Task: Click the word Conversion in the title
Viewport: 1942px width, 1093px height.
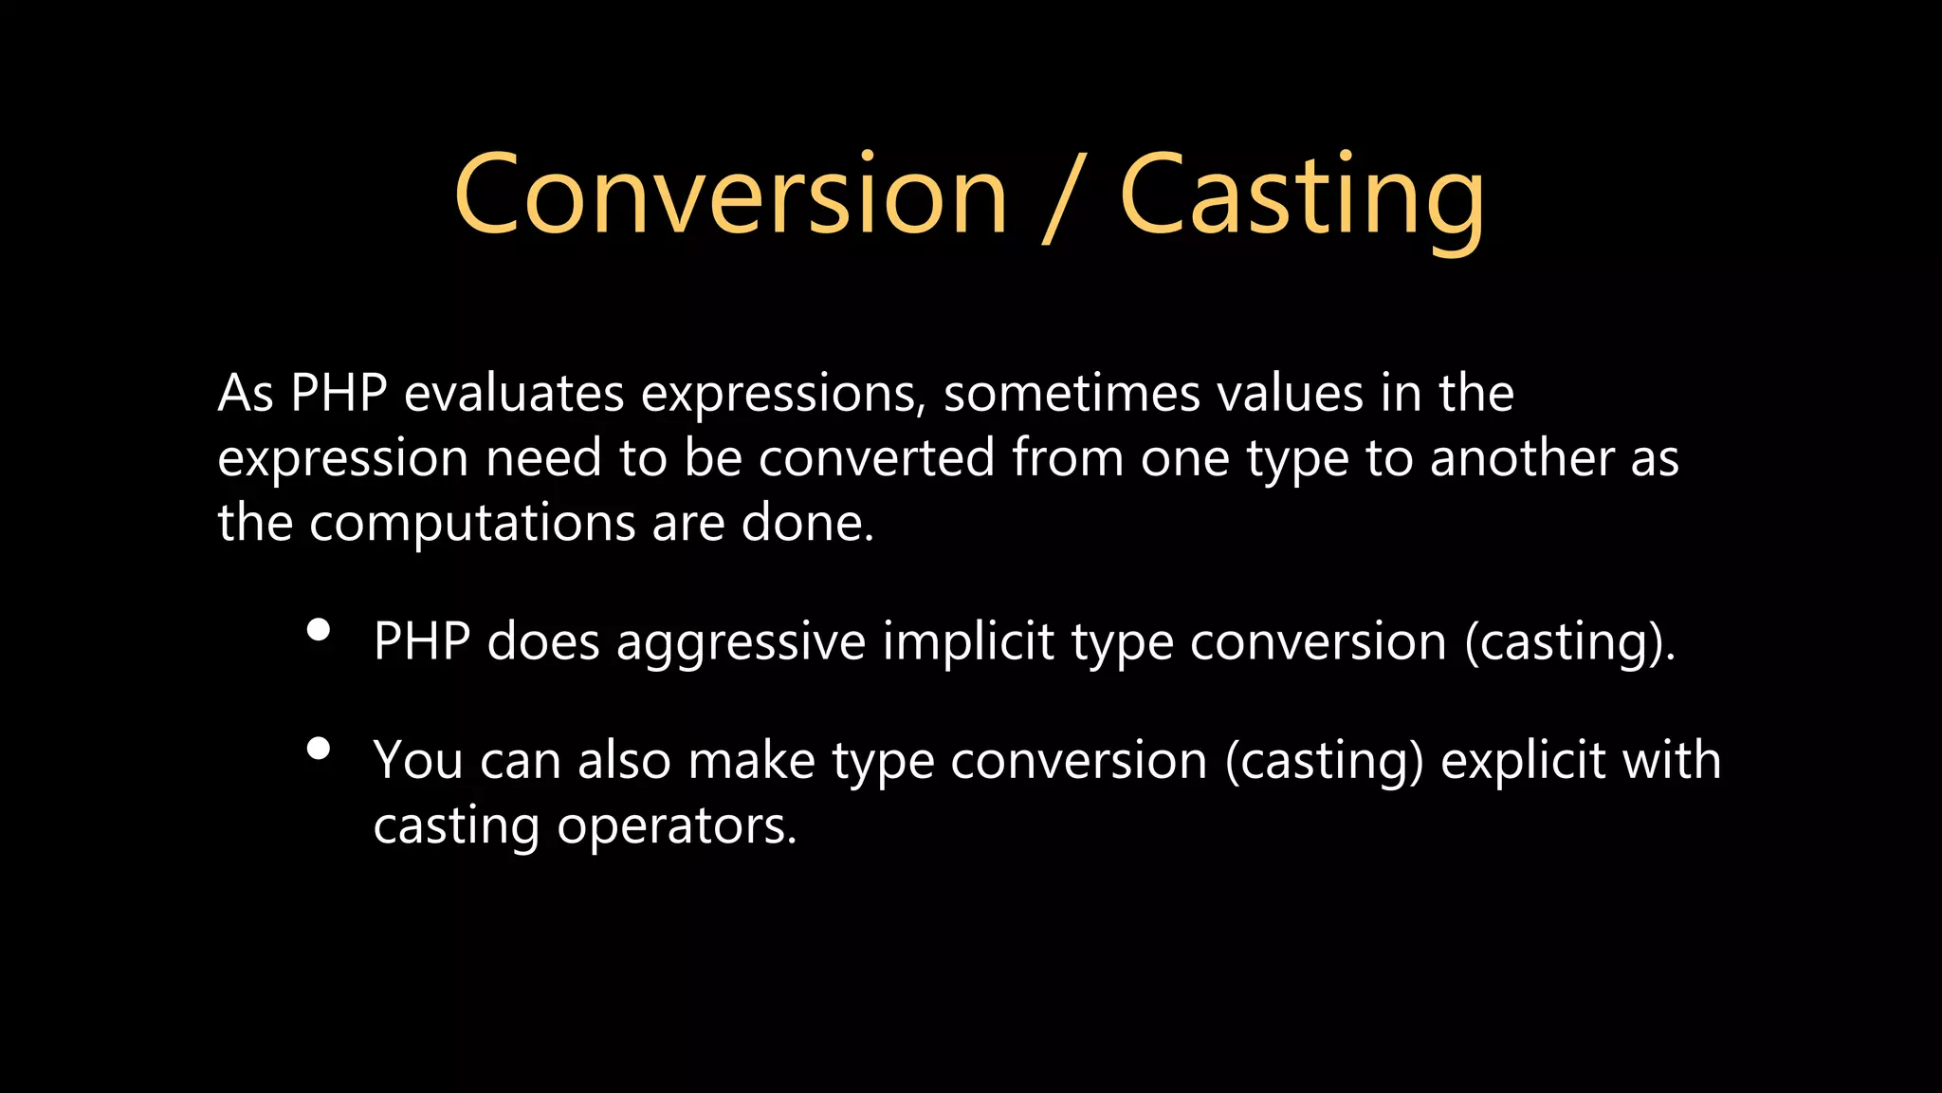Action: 730,195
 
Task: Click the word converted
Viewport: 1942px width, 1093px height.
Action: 876,458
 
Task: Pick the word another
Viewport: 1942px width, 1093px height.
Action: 1522,458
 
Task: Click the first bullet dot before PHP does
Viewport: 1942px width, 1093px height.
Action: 319,630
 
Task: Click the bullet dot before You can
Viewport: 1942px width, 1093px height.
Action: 319,749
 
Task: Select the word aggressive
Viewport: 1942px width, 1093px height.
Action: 741,642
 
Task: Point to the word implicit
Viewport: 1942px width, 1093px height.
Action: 968,642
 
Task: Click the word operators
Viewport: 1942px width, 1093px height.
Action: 676,825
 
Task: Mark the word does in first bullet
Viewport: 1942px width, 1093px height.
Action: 543,642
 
